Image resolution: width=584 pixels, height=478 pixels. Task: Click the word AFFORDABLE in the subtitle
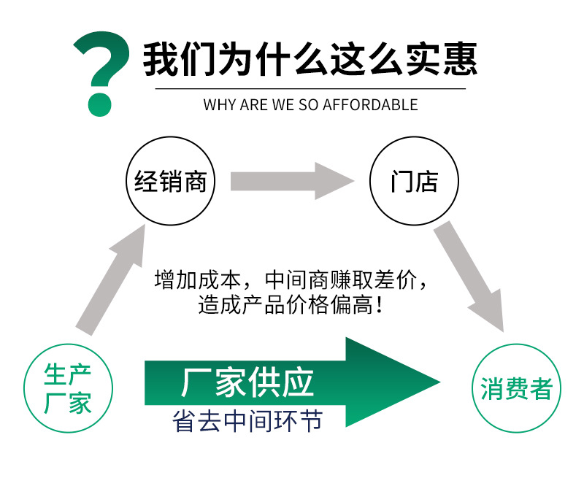point(372,104)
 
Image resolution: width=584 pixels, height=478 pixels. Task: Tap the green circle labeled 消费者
point(516,388)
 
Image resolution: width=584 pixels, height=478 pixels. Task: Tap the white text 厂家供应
point(247,382)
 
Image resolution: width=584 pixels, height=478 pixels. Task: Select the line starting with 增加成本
point(290,280)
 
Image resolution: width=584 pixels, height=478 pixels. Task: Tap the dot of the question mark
point(100,103)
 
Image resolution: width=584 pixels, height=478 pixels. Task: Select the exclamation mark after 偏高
point(378,305)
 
